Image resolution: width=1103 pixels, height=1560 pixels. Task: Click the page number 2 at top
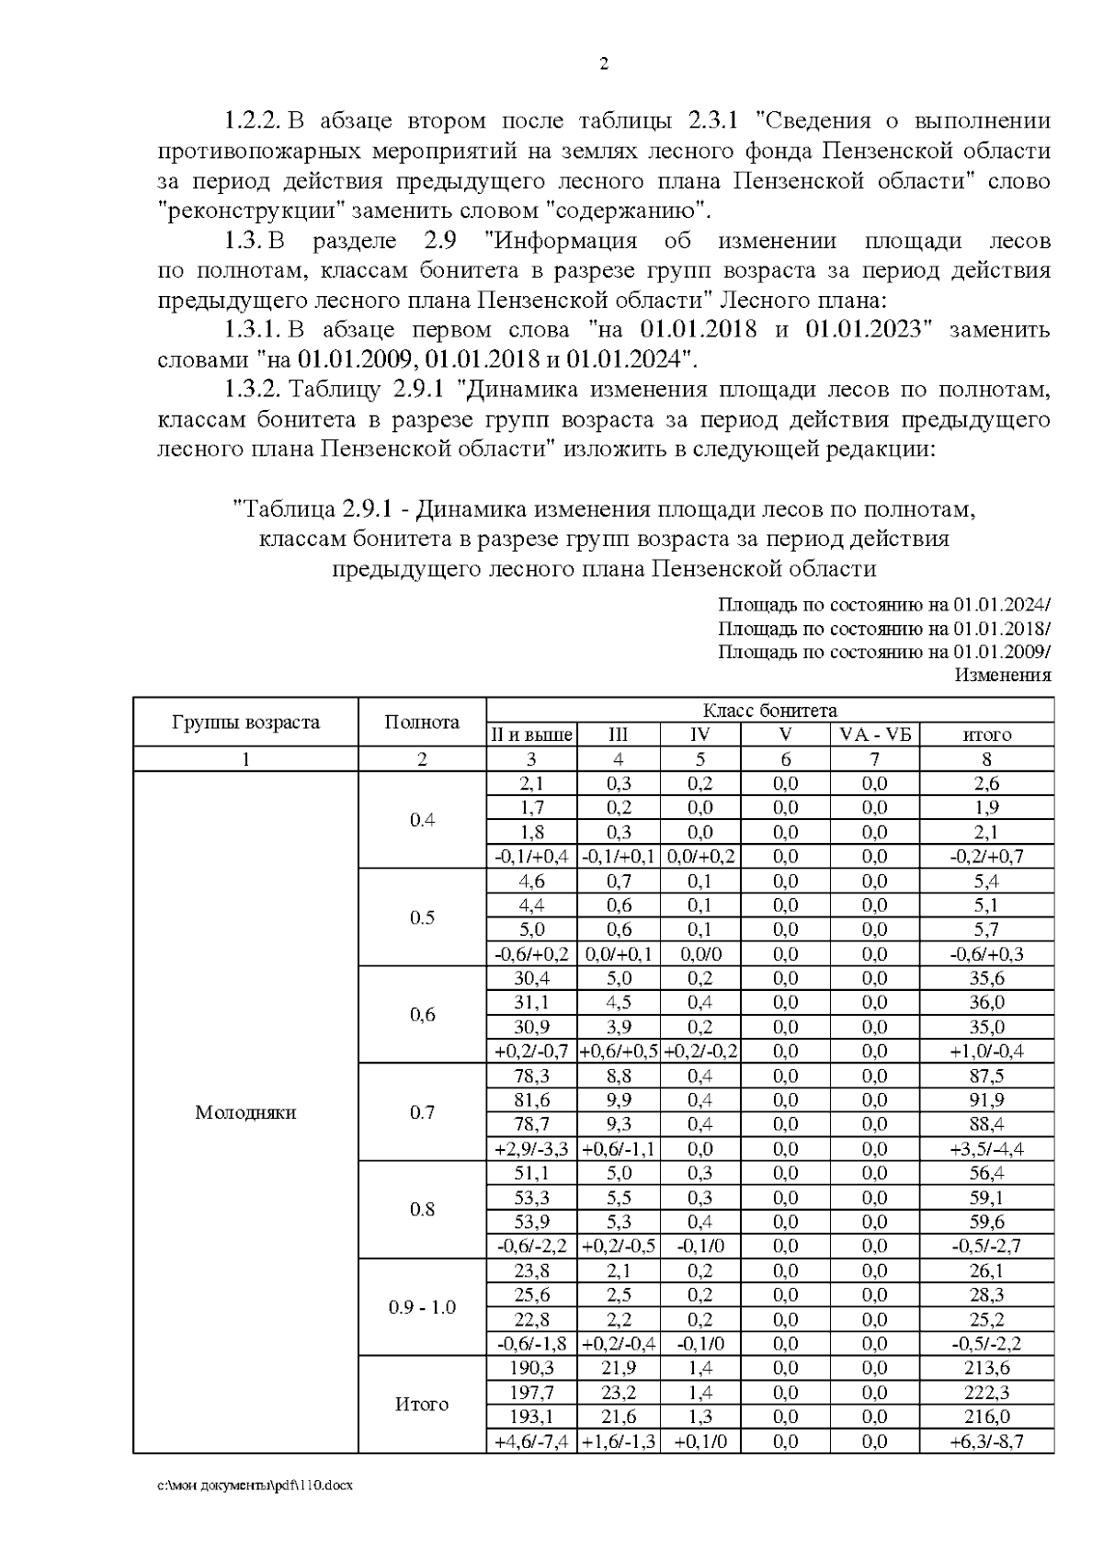point(604,64)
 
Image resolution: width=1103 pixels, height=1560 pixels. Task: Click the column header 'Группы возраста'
point(245,722)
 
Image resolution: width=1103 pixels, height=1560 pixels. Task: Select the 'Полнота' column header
point(422,722)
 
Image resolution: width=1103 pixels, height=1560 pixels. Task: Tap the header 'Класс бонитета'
point(769,711)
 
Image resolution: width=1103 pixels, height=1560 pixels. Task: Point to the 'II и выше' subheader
point(531,734)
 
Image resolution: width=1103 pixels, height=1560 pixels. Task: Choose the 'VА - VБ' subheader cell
point(875,734)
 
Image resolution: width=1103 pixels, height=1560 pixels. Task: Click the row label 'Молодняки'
point(245,1112)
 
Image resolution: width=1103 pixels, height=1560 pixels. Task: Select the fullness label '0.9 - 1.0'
point(422,1307)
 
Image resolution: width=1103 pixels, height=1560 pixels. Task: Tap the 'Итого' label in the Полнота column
point(422,1405)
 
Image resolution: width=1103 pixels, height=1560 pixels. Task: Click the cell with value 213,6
point(986,1368)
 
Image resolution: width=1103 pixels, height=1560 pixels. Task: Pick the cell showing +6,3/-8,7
point(986,1441)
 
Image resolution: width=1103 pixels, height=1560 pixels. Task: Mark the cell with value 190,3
point(531,1368)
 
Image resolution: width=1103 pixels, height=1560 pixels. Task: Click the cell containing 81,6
point(531,1100)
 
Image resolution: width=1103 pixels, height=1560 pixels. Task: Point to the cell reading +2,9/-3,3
point(531,1149)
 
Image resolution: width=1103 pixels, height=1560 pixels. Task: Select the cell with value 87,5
point(986,1076)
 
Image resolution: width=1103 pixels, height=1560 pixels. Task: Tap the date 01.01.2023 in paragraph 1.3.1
point(863,329)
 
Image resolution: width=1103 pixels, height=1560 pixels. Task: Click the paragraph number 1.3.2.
point(254,389)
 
